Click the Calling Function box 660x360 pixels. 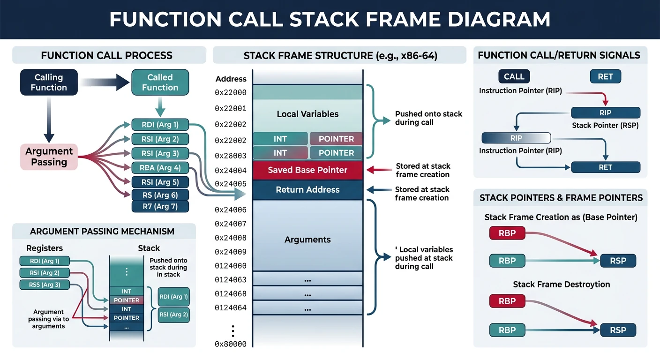point(49,82)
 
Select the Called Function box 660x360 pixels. point(160,82)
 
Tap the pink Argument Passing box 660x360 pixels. point(49,157)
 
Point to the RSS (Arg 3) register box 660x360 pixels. point(40,285)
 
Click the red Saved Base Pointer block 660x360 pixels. point(307,170)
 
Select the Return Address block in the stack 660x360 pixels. point(307,190)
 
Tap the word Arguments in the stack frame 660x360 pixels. point(307,240)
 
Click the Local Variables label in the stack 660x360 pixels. point(307,114)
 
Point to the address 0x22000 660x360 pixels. point(231,93)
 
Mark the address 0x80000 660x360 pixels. point(231,344)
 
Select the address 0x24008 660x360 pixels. point(231,238)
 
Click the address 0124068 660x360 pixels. point(231,294)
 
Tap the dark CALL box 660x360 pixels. point(514,77)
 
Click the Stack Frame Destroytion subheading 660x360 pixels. point(561,285)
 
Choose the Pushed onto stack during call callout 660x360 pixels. point(428,118)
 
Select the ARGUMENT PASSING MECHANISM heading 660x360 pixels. point(102,232)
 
